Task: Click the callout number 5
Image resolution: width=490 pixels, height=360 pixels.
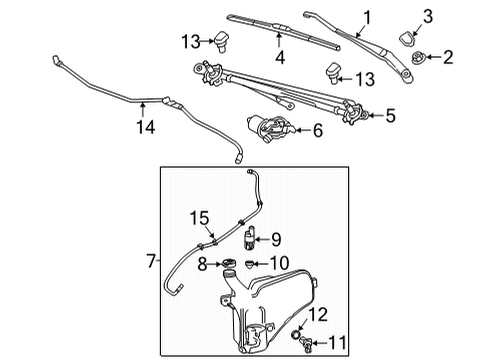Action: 390,116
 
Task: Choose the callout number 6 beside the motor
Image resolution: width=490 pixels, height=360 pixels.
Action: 318,131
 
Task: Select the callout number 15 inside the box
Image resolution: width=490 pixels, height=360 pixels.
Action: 200,243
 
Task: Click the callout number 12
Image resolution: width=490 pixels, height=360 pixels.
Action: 318,317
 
